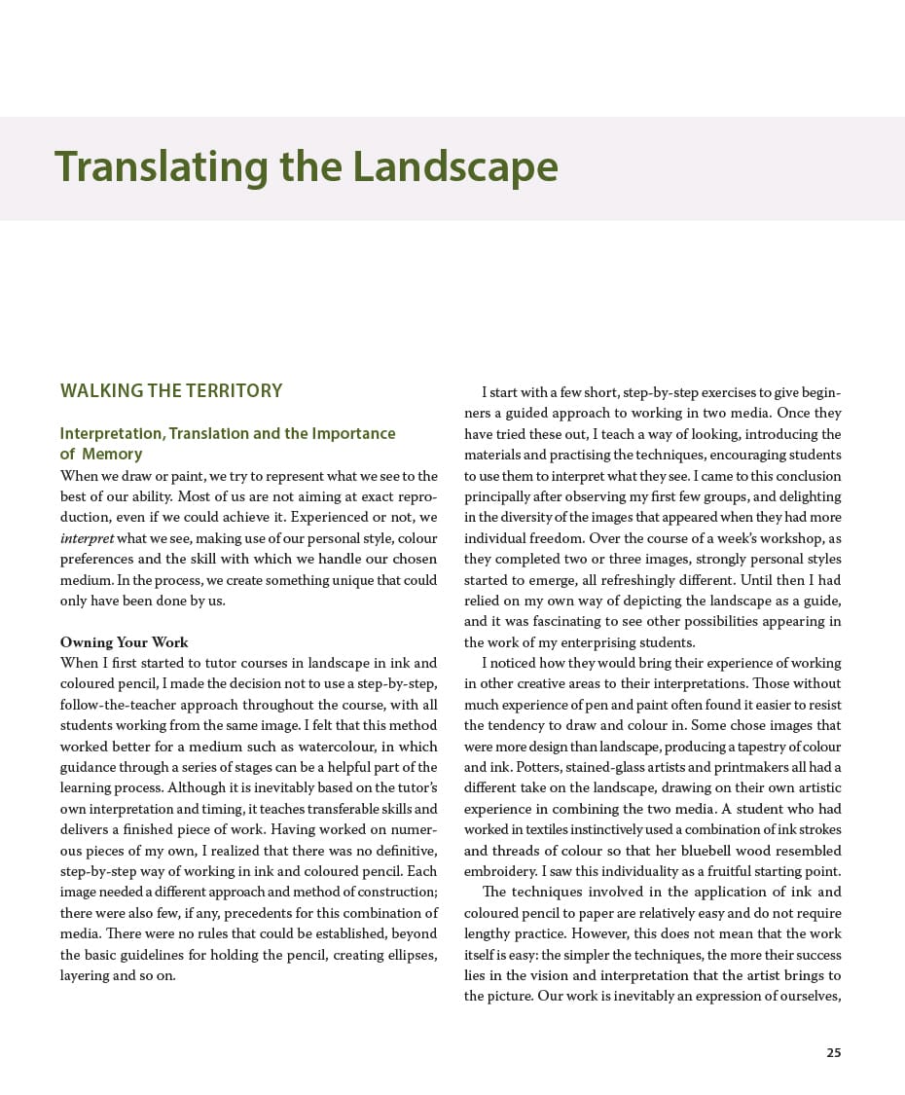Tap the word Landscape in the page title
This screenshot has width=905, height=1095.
(455, 167)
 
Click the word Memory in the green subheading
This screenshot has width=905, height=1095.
(112, 455)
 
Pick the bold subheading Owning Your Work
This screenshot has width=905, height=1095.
(125, 642)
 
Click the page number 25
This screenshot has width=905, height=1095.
(833, 1052)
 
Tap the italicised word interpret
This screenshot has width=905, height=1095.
(87, 538)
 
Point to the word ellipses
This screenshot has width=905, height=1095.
(408, 955)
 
